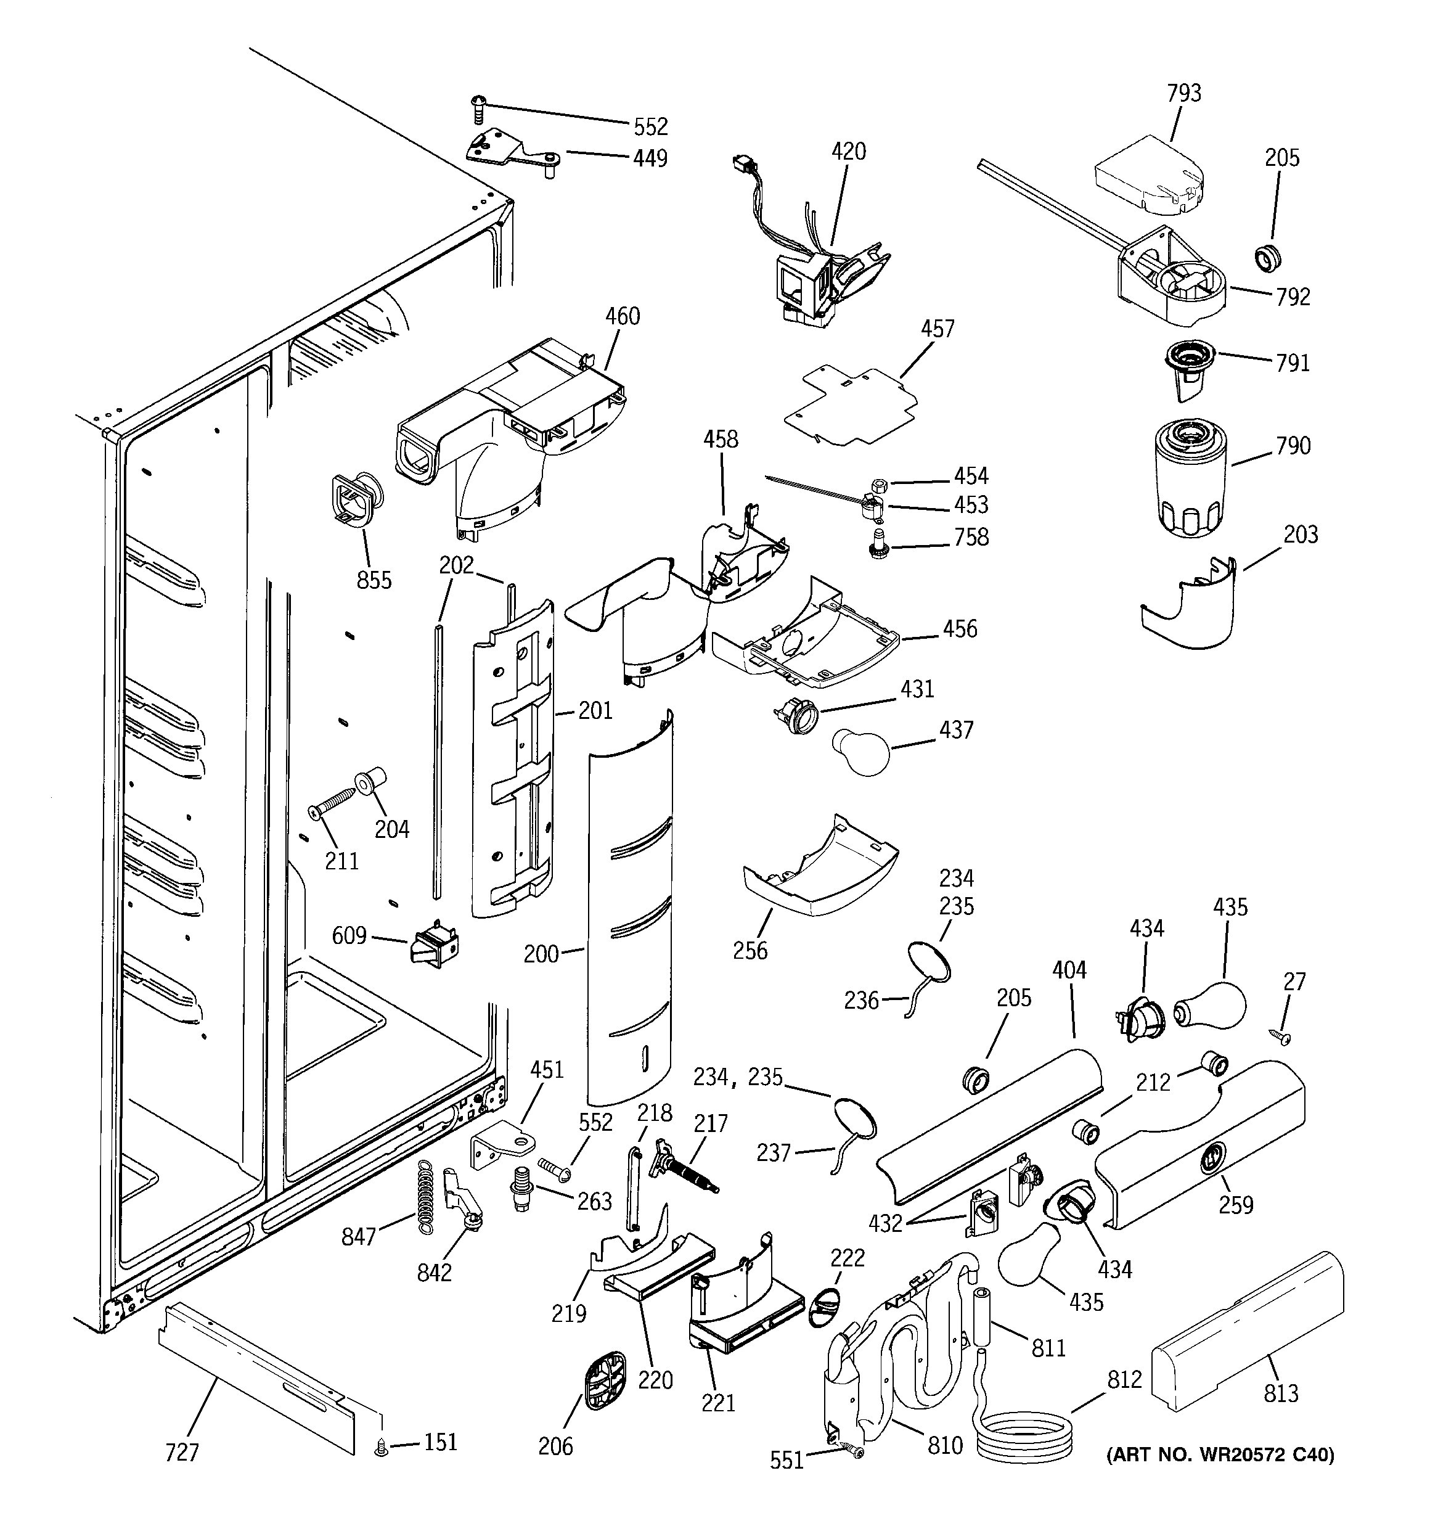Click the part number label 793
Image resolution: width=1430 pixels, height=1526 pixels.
[x=1183, y=93]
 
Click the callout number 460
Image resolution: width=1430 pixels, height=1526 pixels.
[x=622, y=316]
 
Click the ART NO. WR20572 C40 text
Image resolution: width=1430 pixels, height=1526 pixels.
[x=1219, y=1454]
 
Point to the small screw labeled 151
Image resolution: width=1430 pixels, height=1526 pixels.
[x=382, y=1447]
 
